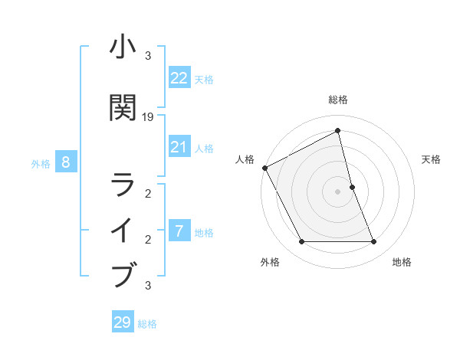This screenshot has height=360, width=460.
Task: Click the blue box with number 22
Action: click(x=179, y=78)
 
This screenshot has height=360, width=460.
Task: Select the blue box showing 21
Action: click(x=179, y=147)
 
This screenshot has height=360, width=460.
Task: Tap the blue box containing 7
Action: click(x=179, y=231)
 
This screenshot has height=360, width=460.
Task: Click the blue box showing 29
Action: click(x=123, y=322)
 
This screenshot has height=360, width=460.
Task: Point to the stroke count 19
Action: click(x=148, y=117)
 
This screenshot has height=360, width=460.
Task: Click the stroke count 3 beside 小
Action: click(x=148, y=56)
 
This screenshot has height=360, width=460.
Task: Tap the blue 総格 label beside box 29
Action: click(x=147, y=324)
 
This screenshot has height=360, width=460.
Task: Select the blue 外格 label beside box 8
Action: click(x=41, y=163)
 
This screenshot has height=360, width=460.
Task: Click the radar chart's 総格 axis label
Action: click(x=337, y=100)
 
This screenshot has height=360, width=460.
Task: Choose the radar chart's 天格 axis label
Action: click(x=431, y=159)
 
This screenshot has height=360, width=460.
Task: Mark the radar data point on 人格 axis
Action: click(x=264, y=168)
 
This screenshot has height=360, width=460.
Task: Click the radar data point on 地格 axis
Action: click(x=373, y=242)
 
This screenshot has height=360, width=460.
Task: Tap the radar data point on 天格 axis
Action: click(x=352, y=186)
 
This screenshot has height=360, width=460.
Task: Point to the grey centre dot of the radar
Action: click(x=337, y=191)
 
